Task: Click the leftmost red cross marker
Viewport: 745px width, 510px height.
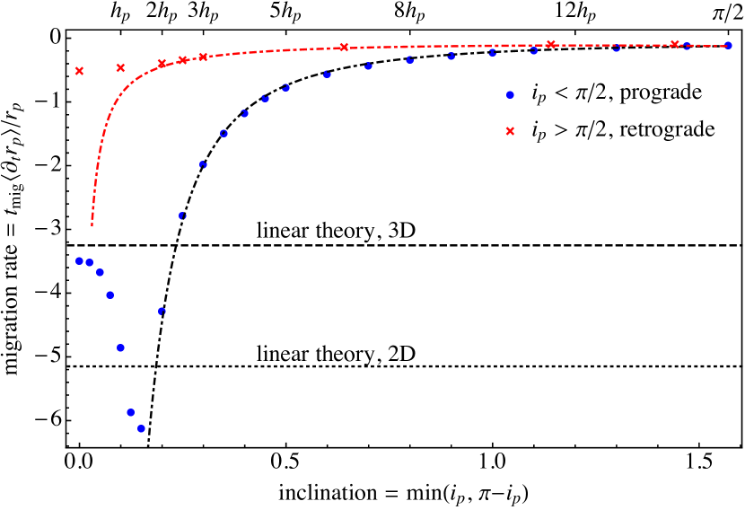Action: click(79, 71)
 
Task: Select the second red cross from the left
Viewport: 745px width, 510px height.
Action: click(120, 67)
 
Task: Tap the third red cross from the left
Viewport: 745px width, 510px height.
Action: click(162, 64)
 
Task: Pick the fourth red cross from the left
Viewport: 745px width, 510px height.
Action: click(182, 60)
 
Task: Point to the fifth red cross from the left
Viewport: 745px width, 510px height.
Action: click(203, 57)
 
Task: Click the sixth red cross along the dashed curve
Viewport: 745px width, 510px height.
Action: click(344, 47)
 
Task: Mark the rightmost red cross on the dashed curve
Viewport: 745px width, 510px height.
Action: click(674, 44)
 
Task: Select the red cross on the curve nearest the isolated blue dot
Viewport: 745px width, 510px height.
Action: click(550, 44)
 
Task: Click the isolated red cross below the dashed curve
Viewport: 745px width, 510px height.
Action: click(510, 131)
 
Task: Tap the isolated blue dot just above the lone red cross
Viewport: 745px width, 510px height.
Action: click(510, 94)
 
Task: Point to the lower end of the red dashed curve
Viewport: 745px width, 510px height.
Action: click(92, 224)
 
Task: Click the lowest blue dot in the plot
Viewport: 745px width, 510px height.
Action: click(141, 428)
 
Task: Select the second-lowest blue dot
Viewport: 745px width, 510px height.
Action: click(130, 412)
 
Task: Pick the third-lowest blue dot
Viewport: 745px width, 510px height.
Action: click(120, 347)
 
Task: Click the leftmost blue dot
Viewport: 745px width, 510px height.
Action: click(79, 260)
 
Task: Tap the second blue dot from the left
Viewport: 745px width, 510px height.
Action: click(89, 262)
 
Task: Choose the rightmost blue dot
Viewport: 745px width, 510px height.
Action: click(728, 45)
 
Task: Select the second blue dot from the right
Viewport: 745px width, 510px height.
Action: click(687, 46)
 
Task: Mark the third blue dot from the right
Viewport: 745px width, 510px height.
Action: click(616, 48)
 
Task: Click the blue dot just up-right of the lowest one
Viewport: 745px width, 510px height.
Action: click(162, 311)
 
